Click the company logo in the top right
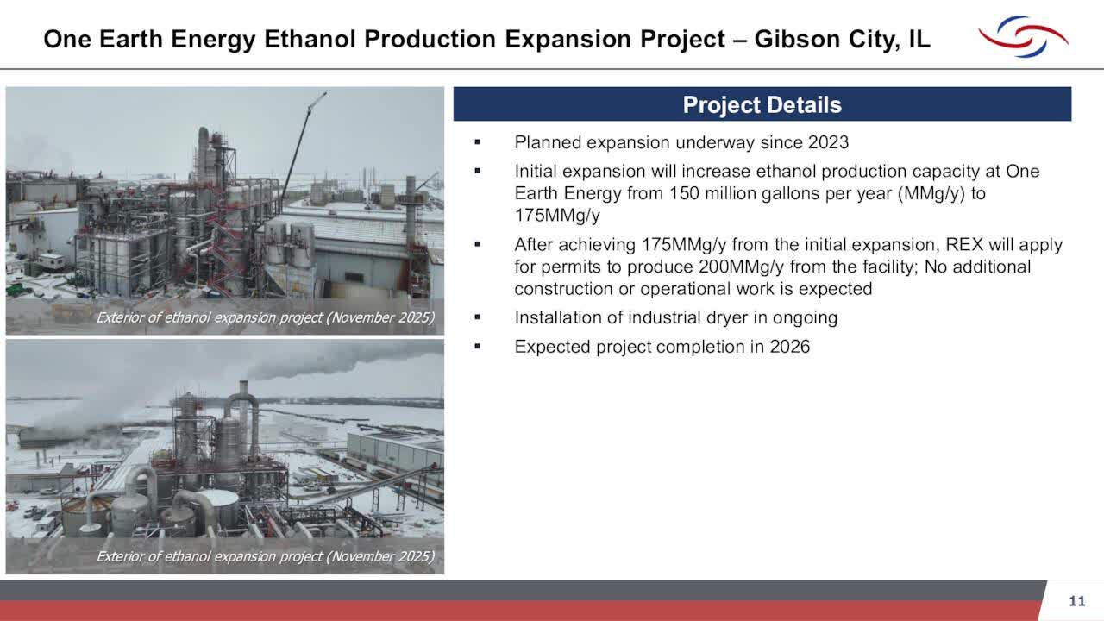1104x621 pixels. [1023, 36]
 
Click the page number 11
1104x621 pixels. [1076, 601]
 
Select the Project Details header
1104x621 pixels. [762, 105]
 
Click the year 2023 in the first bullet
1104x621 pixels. [828, 142]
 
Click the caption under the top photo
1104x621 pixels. [265, 317]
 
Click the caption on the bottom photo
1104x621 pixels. [265, 556]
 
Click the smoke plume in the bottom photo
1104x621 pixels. [345, 358]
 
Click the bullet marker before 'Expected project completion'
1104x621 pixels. [477, 347]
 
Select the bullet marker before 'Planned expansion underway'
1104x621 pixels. [477, 142]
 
